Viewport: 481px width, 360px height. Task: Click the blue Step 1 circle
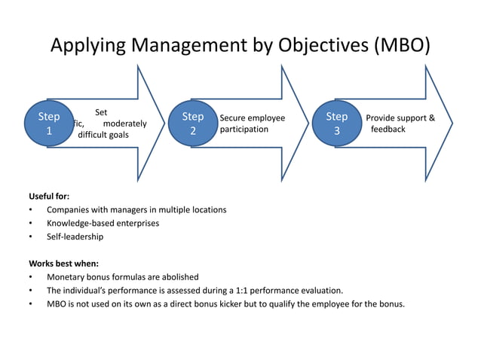pos(50,124)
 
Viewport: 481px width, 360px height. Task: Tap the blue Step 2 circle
pos(193,124)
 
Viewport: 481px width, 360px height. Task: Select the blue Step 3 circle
pos(337,124)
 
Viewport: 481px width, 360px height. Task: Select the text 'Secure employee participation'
pos(252,124)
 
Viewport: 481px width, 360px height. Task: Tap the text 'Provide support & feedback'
pos(400,124)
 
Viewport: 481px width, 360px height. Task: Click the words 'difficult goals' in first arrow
pos(103,136)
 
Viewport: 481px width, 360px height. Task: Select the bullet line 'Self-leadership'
pos(75,236)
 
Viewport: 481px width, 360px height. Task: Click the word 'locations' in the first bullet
pos(206,209)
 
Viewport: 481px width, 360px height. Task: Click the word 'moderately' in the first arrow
pos(124,124)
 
